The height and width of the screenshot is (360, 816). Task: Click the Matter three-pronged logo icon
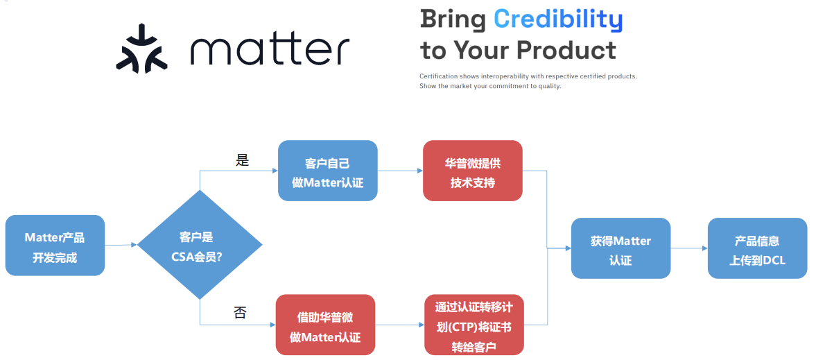tap(141, 49)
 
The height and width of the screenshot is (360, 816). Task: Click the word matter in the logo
tap(270, 51)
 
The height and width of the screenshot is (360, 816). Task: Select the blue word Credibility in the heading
tap(558, 20)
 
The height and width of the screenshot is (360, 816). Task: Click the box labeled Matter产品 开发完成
tap(55, 246)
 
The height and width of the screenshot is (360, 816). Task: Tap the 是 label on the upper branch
tap(243, 160)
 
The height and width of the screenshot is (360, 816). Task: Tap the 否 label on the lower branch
tap(240, 313)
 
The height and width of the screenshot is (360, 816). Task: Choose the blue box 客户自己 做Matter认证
tap(327, 171)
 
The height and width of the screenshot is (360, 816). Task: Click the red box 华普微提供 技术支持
tap(473, 171)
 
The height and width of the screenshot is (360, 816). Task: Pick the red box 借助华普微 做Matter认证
tap(325, 325)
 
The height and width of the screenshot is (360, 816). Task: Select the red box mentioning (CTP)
tap(474, 325)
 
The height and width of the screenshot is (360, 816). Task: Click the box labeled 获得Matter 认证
tap(621, 248)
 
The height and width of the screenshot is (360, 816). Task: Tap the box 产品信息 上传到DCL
tap(757, 248)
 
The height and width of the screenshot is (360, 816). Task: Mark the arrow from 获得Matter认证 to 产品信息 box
tap(689, 248)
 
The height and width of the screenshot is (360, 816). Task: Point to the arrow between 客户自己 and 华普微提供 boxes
tap(400, 171)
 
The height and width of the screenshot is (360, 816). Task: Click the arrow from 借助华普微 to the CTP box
tap(399, 325)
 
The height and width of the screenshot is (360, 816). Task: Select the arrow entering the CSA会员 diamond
tap(121, 244)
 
